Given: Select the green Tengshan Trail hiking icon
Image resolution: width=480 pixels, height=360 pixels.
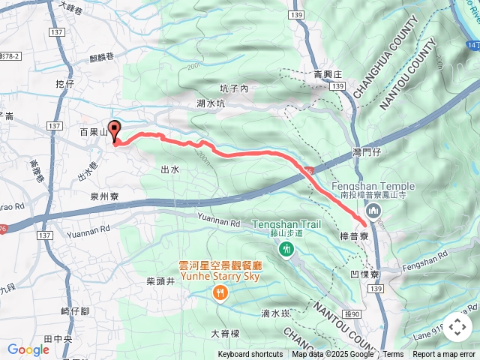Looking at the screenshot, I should (285, 248).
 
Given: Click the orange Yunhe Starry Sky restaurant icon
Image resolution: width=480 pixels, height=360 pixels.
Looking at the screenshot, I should (220, 291).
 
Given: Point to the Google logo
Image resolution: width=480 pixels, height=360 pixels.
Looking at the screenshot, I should (28, 349).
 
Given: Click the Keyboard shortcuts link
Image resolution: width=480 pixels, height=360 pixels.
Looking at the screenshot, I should (250, 355).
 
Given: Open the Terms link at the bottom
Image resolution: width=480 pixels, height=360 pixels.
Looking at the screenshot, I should (393, 355).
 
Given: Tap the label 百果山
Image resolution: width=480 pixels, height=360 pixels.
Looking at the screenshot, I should (94, 132).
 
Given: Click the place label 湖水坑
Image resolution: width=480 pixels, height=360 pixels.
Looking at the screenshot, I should (211, 103).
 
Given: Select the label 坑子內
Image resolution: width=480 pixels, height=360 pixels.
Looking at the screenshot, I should (234, 88).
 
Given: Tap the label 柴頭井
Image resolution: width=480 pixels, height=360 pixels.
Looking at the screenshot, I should (160, 281).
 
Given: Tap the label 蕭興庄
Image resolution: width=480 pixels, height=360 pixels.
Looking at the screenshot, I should (328, 74).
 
